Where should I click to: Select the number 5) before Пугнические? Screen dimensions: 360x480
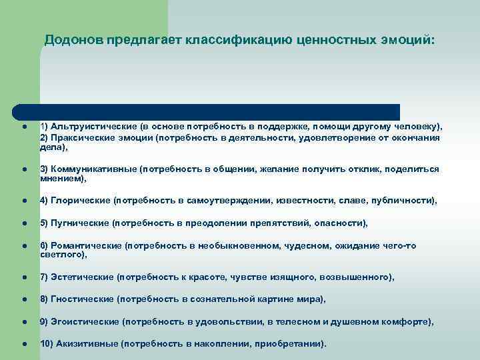[44, 223]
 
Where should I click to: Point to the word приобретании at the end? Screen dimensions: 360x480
[294, 344]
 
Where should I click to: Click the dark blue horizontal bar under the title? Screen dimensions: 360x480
[207, 111]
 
